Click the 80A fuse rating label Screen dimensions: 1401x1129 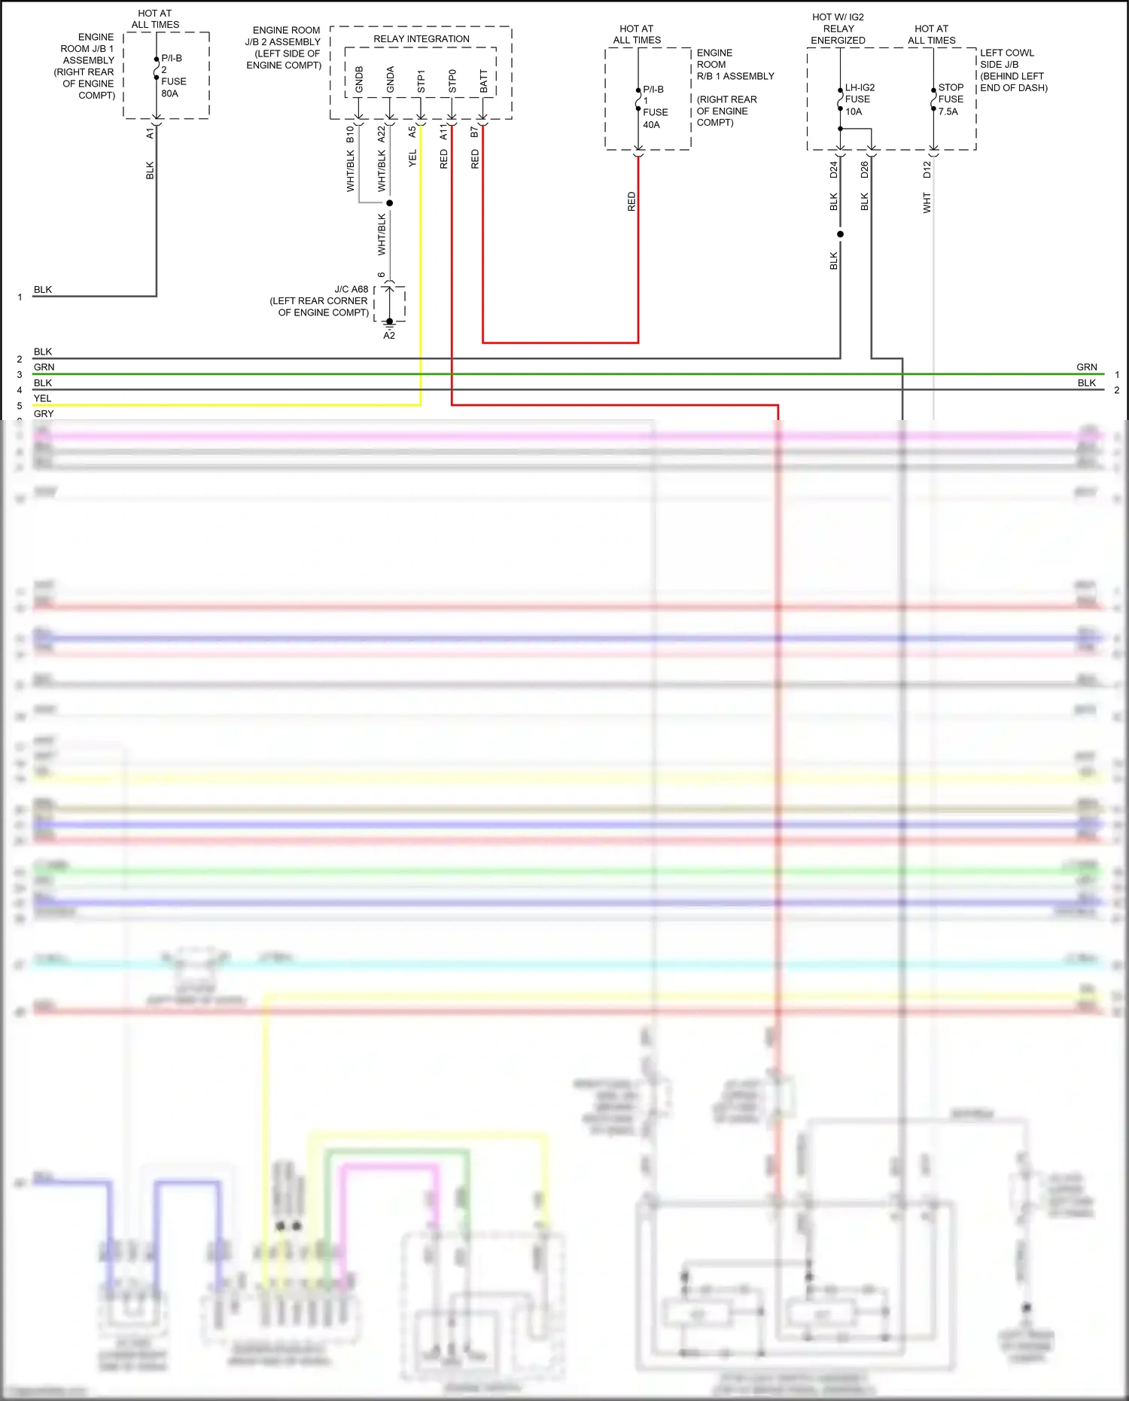(x=169, y=93)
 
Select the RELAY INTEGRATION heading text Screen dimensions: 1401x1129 (x=421, y=39)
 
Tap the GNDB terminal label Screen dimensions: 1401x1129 (x=359, y=80)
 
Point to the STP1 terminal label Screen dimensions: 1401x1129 (x=421, y=81)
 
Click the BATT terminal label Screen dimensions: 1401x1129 (x=483, y=81)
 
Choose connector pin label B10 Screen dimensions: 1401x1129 (x=350, y=134)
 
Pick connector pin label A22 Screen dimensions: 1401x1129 (x=381, y=134)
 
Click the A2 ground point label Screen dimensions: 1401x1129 (x=389, y=336)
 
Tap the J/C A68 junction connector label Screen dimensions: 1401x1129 (x=351, y=289)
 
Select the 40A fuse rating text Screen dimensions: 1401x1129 (x=651, y=125)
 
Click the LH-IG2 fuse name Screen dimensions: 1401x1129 (x=860, y=87)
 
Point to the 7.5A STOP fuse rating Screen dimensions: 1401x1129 (x=948, y=111)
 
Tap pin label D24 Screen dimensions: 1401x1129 (x=833, y=169)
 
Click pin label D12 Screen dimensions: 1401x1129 (x=927, y=169)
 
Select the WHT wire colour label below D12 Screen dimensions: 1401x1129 (x=927, y=203)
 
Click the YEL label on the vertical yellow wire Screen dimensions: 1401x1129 (x=412, y=158)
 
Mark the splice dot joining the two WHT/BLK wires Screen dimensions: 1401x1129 (x=389, y=203)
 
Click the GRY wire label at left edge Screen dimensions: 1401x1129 (x=44, y=413)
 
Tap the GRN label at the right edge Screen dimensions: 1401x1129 (x=1086, y=367)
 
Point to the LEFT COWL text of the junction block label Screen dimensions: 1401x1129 (x=1006, y=53)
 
